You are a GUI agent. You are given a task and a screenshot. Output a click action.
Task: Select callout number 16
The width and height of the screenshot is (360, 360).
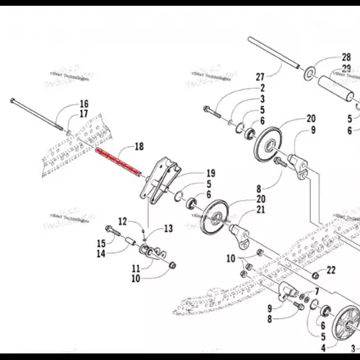[84, 103]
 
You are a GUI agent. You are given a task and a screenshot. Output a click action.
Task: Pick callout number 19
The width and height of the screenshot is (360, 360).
[211, 174]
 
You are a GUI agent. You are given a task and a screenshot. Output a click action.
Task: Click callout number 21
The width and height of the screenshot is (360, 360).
[262, 209]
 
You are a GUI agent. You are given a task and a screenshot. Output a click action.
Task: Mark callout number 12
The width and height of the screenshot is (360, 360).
[121, 221]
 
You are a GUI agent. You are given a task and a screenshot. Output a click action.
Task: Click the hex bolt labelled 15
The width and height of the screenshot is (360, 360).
[112, 230]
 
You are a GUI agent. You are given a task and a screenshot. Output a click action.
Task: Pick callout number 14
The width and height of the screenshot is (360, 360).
[100, 253]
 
